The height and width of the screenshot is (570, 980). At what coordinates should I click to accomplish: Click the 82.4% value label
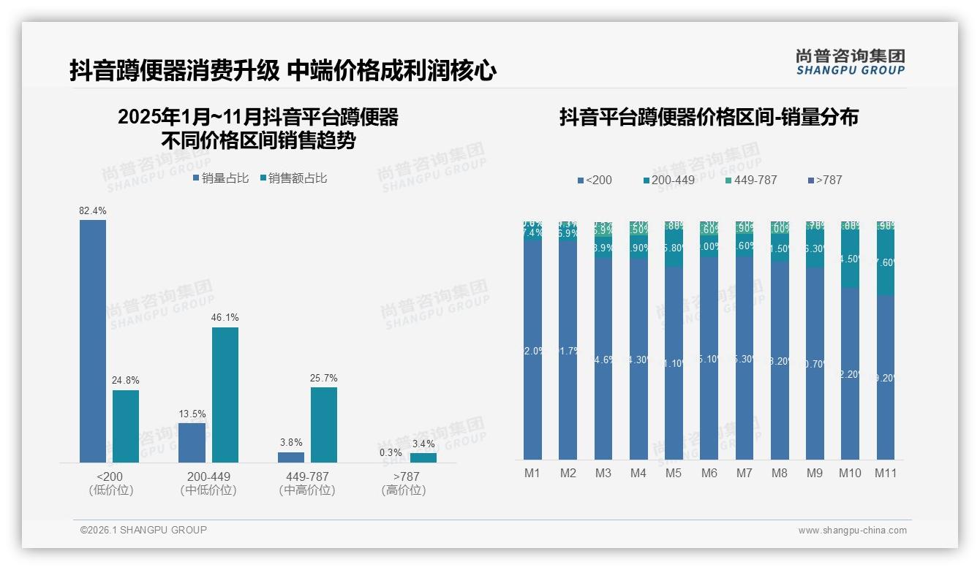[93, 211]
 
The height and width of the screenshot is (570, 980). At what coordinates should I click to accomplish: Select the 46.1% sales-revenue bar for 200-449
[225, 395]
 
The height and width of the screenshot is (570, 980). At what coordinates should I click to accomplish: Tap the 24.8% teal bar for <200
[126, 426]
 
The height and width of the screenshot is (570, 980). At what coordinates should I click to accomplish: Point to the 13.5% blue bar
[192, 442]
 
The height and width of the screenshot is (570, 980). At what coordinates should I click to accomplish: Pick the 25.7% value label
[324, 379]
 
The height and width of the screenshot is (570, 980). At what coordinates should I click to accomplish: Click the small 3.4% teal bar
[423, 457]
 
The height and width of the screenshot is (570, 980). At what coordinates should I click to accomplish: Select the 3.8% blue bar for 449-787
[291, 457]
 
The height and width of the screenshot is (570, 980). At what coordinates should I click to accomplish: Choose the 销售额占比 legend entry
[293, 178]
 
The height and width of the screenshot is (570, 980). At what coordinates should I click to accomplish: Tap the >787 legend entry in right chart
[825, 180]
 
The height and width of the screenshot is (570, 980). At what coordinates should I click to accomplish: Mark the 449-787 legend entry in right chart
[751, 180]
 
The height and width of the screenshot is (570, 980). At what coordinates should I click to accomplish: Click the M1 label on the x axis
[532, 474]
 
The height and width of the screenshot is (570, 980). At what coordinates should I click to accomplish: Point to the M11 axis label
[886, 474]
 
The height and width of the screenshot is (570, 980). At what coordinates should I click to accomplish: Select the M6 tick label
[709, 474]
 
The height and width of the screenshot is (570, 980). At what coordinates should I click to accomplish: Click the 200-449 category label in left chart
[208, 477]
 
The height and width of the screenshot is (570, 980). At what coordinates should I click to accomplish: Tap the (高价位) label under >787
[404, 490]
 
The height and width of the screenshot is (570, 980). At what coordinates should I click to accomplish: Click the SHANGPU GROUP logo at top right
[850, 62]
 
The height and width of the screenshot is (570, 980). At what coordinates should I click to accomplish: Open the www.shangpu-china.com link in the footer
[852, 531]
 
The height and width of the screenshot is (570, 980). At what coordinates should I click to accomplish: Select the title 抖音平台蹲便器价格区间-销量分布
[709, 118]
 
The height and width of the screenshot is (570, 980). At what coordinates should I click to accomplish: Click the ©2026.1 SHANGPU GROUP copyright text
[143, 530]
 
